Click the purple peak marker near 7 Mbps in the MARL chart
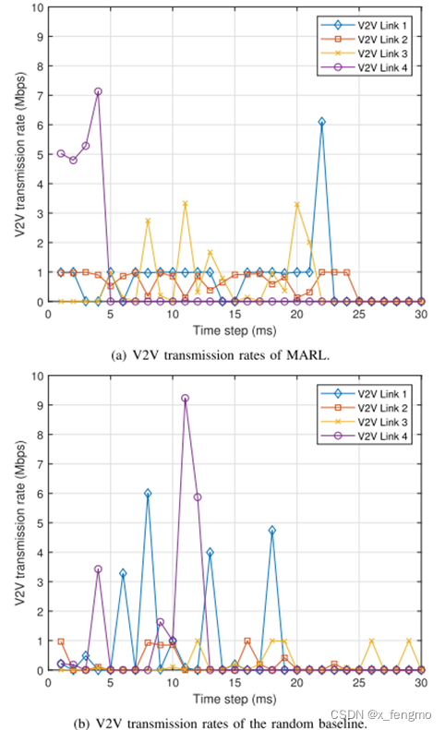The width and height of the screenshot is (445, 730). coord(98,91)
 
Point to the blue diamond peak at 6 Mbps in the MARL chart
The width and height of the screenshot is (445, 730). coord(321,122)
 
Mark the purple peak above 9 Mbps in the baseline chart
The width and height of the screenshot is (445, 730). coord(185,398)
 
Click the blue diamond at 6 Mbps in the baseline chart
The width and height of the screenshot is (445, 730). coord(148,494)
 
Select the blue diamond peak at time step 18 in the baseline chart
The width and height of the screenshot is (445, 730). coord(271,531)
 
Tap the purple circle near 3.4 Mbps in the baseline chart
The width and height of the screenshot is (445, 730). coord(98,569)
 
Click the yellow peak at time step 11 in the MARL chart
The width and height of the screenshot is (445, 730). coord(185,204)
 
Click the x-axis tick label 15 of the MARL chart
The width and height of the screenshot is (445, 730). coord(235,314)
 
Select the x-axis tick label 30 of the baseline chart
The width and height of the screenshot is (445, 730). coord(421,683)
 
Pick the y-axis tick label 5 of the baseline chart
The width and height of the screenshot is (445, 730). coord(38,523)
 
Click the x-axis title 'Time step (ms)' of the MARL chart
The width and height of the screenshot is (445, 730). coord(235,329)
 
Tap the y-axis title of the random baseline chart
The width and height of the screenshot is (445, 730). coord(18,522)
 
